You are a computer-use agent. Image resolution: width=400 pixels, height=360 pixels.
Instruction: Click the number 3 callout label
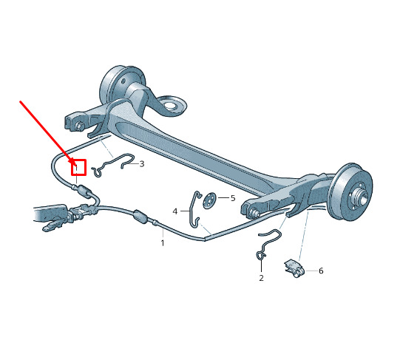(x=142, y=163)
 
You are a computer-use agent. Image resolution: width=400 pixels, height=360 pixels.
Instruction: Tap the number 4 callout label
(x=175, y=211)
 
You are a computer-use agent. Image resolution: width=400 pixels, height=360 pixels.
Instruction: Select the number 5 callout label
(x=233, y=198)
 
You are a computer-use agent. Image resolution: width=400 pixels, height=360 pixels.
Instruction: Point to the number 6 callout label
(x=321, y=271)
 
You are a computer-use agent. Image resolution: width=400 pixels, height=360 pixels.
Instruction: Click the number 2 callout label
(x=261, y=278)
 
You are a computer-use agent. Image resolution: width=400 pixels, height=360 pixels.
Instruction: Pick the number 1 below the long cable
(x=163, y=242)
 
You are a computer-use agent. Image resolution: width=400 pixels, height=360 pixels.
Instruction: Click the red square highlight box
(x=78, y=167)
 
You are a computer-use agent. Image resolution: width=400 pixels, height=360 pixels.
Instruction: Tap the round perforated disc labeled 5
(x=209, y=200)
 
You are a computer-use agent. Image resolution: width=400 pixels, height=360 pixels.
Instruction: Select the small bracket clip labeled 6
(x=294, y=268)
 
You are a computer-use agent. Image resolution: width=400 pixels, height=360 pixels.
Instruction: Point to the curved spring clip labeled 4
(x=194, y=208)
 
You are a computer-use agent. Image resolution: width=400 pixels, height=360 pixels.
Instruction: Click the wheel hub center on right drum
(x=362, y=196)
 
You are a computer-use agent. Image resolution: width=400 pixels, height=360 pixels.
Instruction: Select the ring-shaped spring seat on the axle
(x=169, y=105)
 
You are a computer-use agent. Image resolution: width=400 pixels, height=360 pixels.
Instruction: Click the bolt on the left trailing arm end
(x=79, y=126)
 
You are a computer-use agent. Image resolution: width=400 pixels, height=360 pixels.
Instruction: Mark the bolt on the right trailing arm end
(x=254, y=212)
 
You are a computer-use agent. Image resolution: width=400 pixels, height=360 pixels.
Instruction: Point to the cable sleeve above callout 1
(x=140, y=217)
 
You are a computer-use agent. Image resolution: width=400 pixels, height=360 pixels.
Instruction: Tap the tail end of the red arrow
(x=21, y=101)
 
